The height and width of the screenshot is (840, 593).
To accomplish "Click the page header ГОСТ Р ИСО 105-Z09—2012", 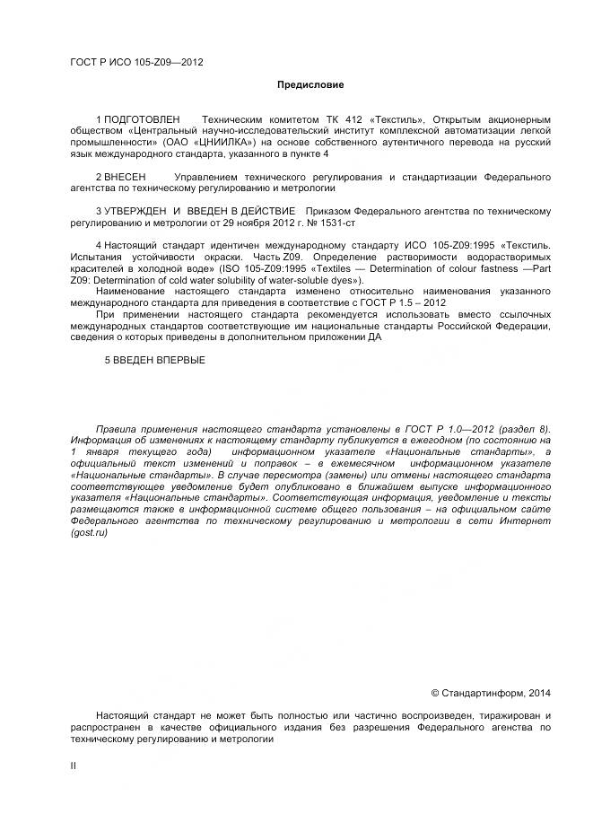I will coord(135,62).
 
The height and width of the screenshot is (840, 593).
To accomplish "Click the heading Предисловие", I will coord(310,84).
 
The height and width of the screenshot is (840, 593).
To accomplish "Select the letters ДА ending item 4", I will coord(374,337).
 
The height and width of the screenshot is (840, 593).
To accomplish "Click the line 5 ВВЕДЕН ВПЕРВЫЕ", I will coord(155,360).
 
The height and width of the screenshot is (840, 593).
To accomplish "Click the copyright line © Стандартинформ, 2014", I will coord(491,693).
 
